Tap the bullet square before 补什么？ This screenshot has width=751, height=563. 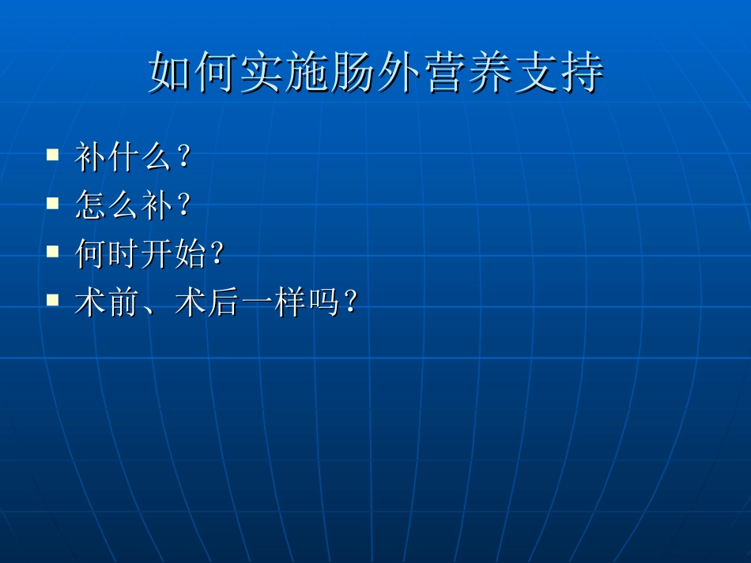point(53,154)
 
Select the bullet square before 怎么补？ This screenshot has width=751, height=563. point(53,203)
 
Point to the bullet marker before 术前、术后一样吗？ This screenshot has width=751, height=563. point(53,300)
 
